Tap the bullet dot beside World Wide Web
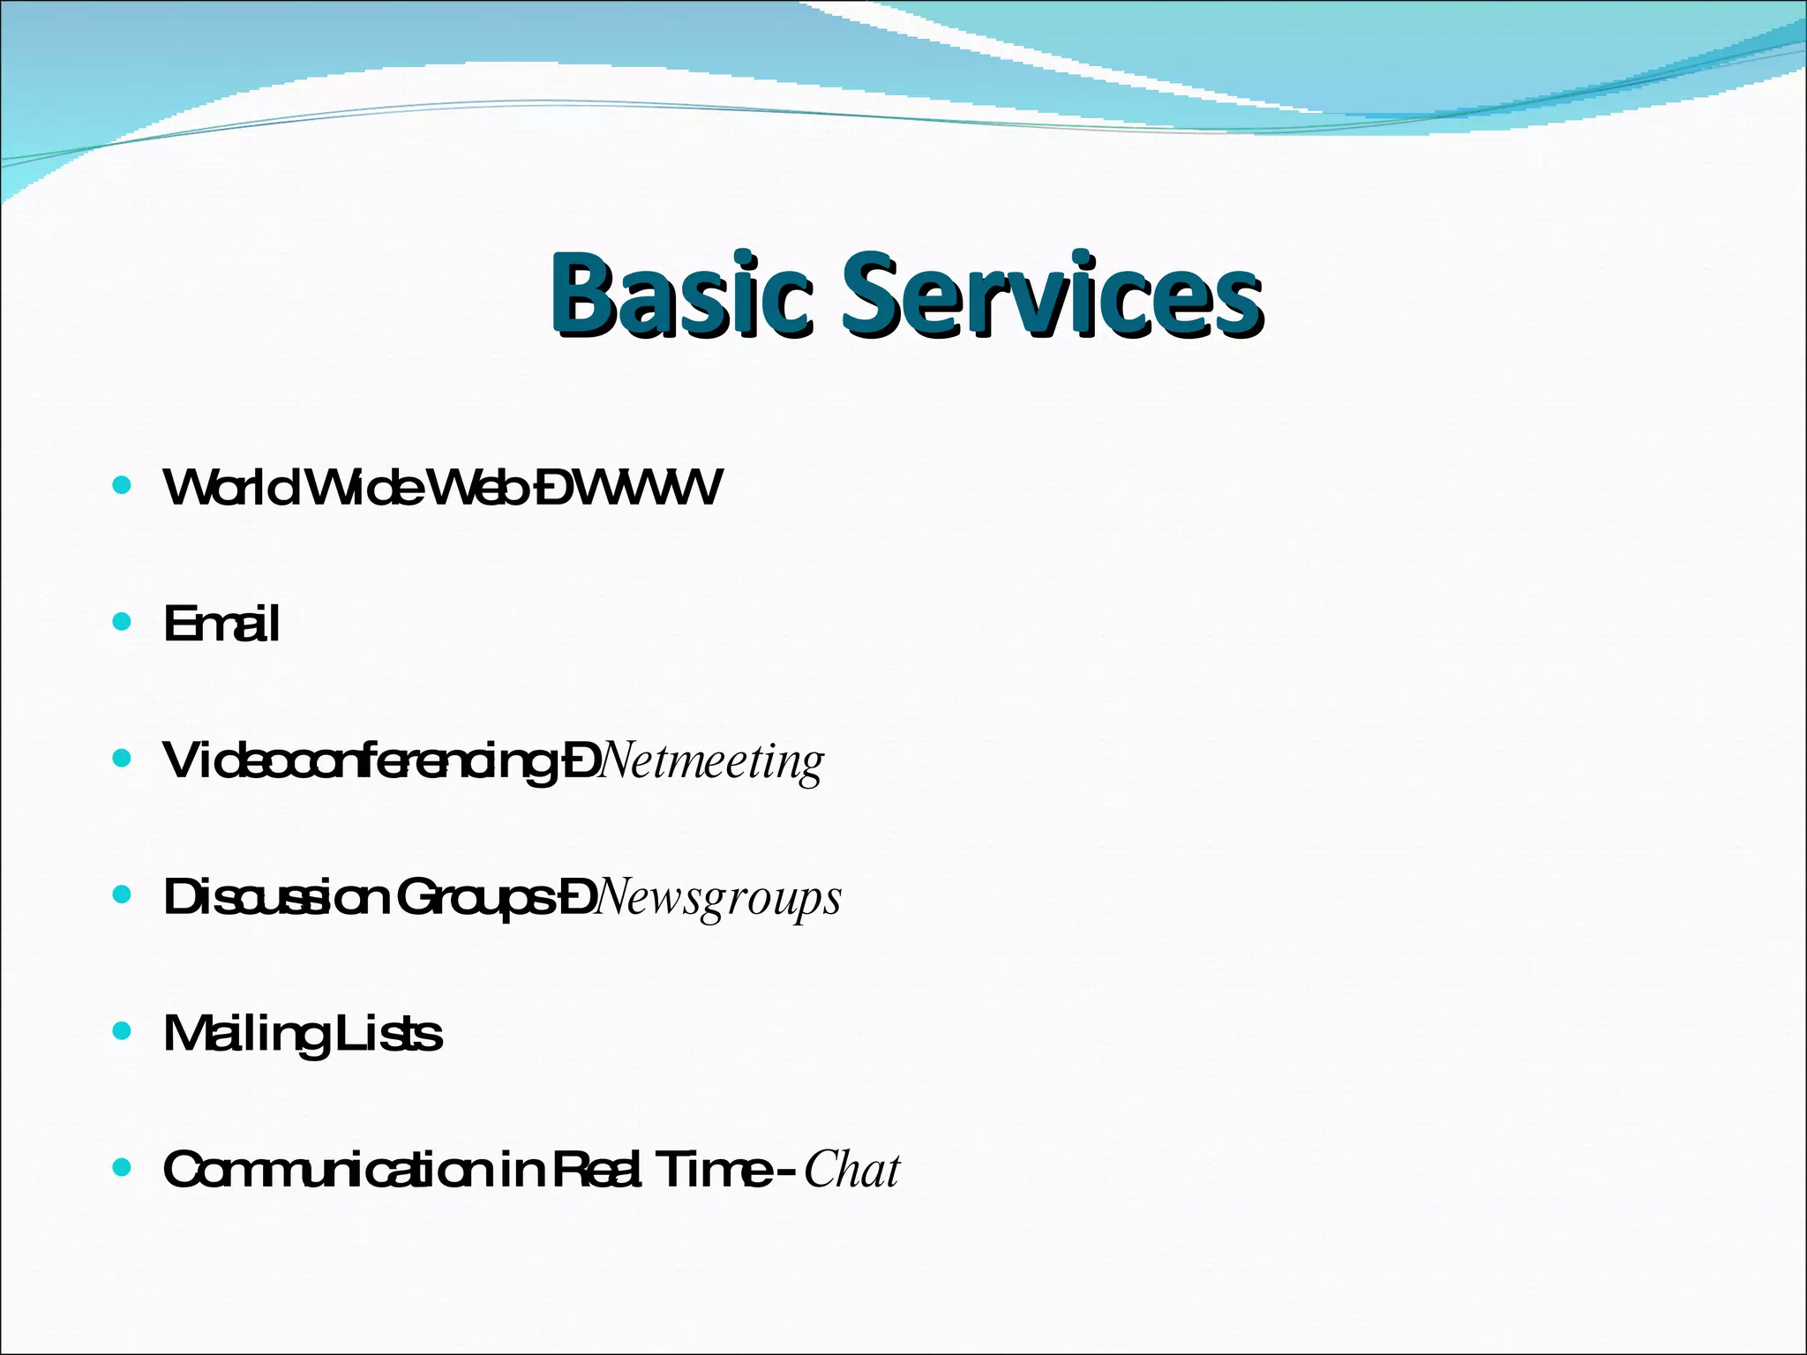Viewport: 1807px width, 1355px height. point(123,485)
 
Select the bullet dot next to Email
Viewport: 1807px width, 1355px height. point(123,622)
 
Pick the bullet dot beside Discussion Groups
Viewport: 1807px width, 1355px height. point(123,895)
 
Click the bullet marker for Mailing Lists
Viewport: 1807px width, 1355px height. point(123,1031)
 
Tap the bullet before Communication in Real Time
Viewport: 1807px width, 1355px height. point(123,1168)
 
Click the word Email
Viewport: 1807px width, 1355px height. point(221,624)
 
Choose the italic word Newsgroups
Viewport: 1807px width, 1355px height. point(719,898)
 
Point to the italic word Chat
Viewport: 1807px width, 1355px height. point(852,1170)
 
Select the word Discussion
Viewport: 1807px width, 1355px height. point(276,897)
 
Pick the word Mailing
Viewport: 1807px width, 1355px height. point(244,1034)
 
